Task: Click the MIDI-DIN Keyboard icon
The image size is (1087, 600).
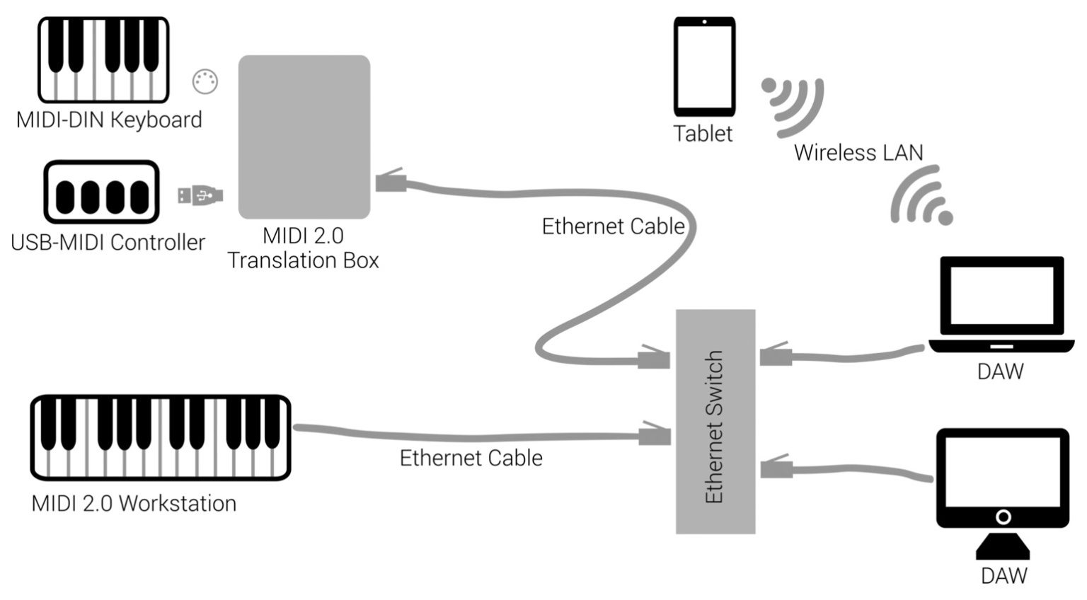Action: coord(103,60)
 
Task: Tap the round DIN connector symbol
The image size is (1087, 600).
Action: coord(205,82)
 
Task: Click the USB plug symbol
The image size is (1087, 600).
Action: coord(200,195)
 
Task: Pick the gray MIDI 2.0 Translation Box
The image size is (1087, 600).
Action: coord(304,137)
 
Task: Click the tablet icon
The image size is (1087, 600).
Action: coord(704,67)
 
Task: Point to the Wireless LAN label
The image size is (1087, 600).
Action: coord(858,153)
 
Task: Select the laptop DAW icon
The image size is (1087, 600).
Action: coord(1001,305)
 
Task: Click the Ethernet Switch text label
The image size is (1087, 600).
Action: coord(715,427)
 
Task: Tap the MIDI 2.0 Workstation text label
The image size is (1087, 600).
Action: coord(134,504)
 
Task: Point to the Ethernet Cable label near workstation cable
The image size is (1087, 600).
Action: coord(471,458)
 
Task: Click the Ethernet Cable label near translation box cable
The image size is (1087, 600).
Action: coord(613,226)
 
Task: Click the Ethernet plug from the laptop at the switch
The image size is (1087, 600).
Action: coord(776,354)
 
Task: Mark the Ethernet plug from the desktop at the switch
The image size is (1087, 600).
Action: coord(776,468)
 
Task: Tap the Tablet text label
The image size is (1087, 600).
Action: coord(703,134)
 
